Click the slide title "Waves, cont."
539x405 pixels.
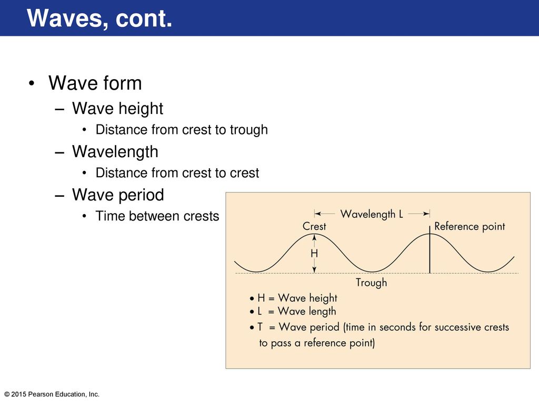point(99,18)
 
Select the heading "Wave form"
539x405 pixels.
point(95,83)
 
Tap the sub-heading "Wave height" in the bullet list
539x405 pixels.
point(117,109)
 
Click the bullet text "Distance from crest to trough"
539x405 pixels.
point(182,130)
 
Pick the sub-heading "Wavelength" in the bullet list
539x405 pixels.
point(115,151)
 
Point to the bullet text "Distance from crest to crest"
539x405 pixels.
point(177,173)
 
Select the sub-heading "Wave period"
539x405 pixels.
point(118,195)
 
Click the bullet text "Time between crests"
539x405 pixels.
point(157,216)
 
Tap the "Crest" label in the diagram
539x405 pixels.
point(314,226)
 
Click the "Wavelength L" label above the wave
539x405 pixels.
point(372,214)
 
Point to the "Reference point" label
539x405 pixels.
point(470,226)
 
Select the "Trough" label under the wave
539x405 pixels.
point(371,283)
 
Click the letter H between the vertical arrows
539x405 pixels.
point(314,254)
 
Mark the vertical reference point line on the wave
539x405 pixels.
point(430,249)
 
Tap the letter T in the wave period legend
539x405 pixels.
point(260,326)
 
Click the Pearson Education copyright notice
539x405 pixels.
point(52,394)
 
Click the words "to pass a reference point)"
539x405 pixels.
point(317,343)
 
